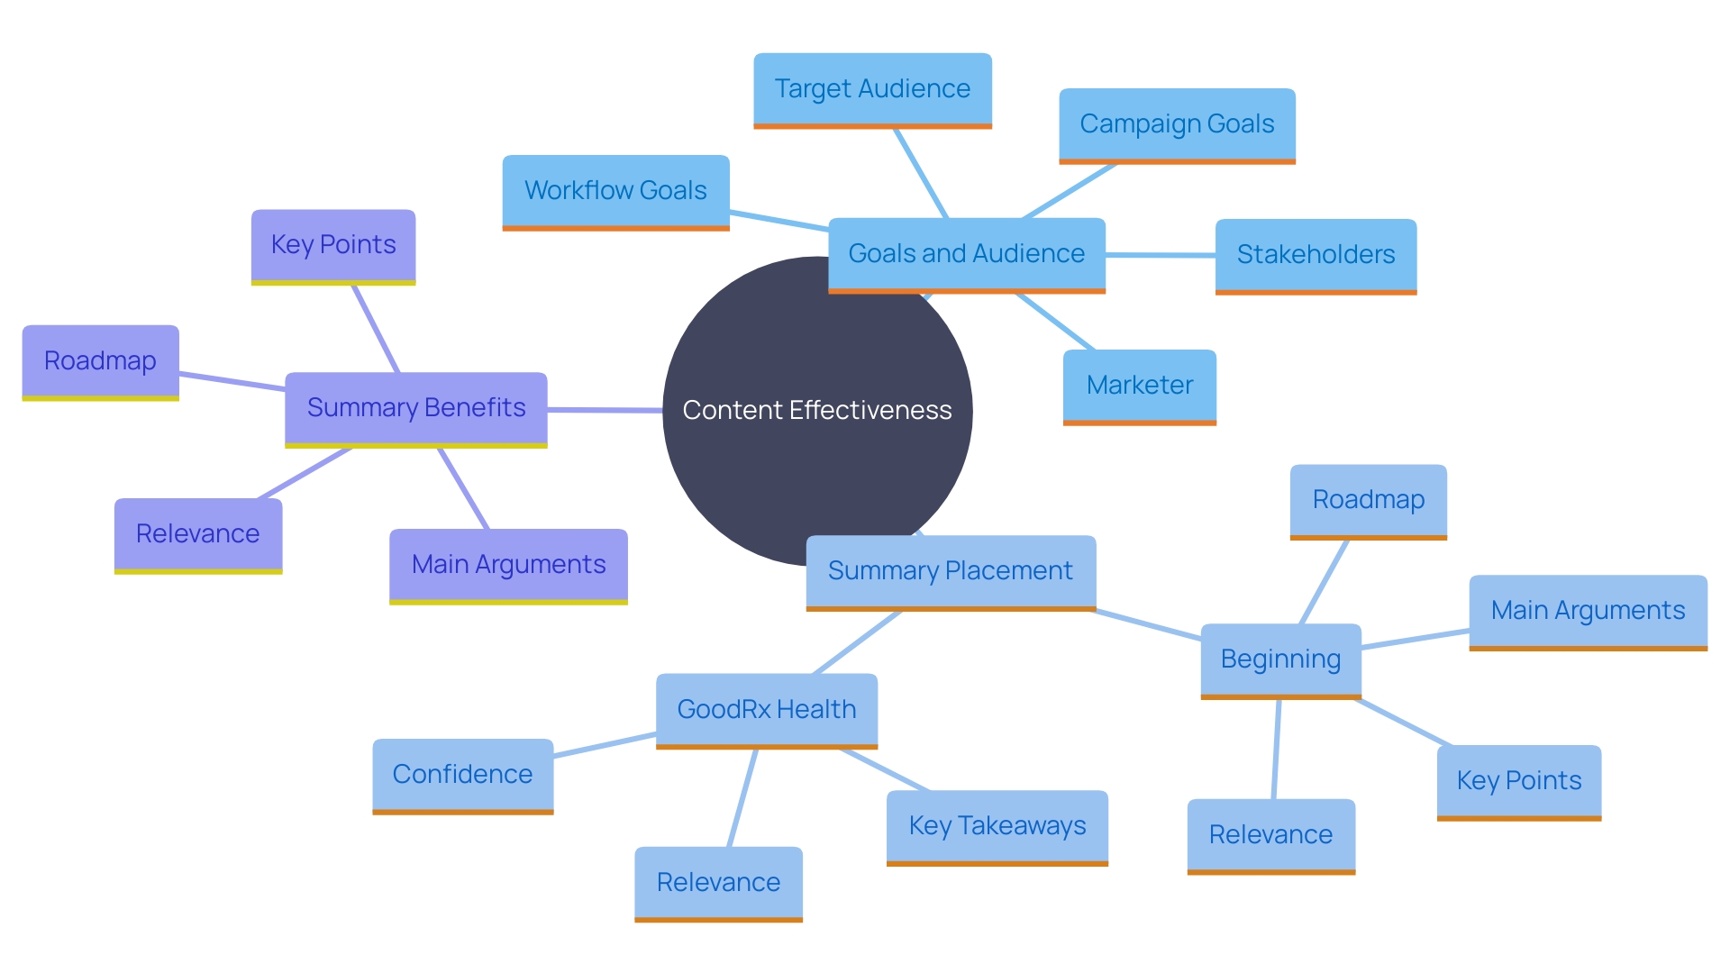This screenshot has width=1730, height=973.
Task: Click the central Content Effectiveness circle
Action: (x=816, y=411)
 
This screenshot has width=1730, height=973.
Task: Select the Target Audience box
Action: (x=872, y=89)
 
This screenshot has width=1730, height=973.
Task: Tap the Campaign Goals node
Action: (x=1177, y=124)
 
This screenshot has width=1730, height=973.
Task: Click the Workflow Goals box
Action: (x=615, y=191)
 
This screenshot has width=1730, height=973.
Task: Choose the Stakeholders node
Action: (x=1316, y=255)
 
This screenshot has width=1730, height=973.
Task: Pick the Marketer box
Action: (x=1139, y=386)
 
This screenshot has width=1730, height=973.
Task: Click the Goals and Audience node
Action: (x=966, y=254)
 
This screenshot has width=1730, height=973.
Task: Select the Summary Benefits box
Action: (x=415, y=408)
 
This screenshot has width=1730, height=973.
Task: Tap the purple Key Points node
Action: (x=332, y=245)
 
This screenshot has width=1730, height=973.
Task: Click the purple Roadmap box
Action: (x=100, y=361)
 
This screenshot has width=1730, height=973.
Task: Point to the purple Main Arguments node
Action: (x=508, y=565)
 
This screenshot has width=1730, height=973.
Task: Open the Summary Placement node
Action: (x=950, y=571)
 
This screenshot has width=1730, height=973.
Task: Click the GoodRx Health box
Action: (x=766, y=710)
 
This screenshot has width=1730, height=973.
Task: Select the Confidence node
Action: (x=462, y=775)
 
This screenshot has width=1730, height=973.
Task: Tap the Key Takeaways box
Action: (x=997, y=826)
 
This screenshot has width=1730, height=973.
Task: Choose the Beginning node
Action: (x=1280, y=659)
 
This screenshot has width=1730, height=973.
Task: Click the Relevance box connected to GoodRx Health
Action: (x=718, y=883)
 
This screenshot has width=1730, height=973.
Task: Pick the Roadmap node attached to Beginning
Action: (x=1368, y=500)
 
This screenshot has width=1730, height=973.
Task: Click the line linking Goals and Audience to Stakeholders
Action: (x=1161, y=255)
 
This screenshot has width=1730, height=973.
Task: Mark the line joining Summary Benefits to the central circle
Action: (x=605, y=410)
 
